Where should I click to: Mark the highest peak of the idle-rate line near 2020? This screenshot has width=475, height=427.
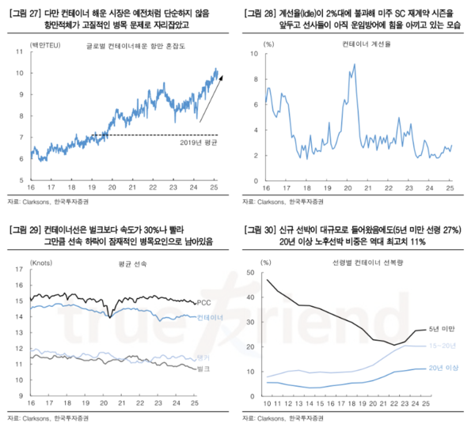coord(351,65)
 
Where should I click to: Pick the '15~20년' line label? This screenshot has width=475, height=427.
coord(440,346)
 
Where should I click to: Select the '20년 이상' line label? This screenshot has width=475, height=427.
coord(440,368)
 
